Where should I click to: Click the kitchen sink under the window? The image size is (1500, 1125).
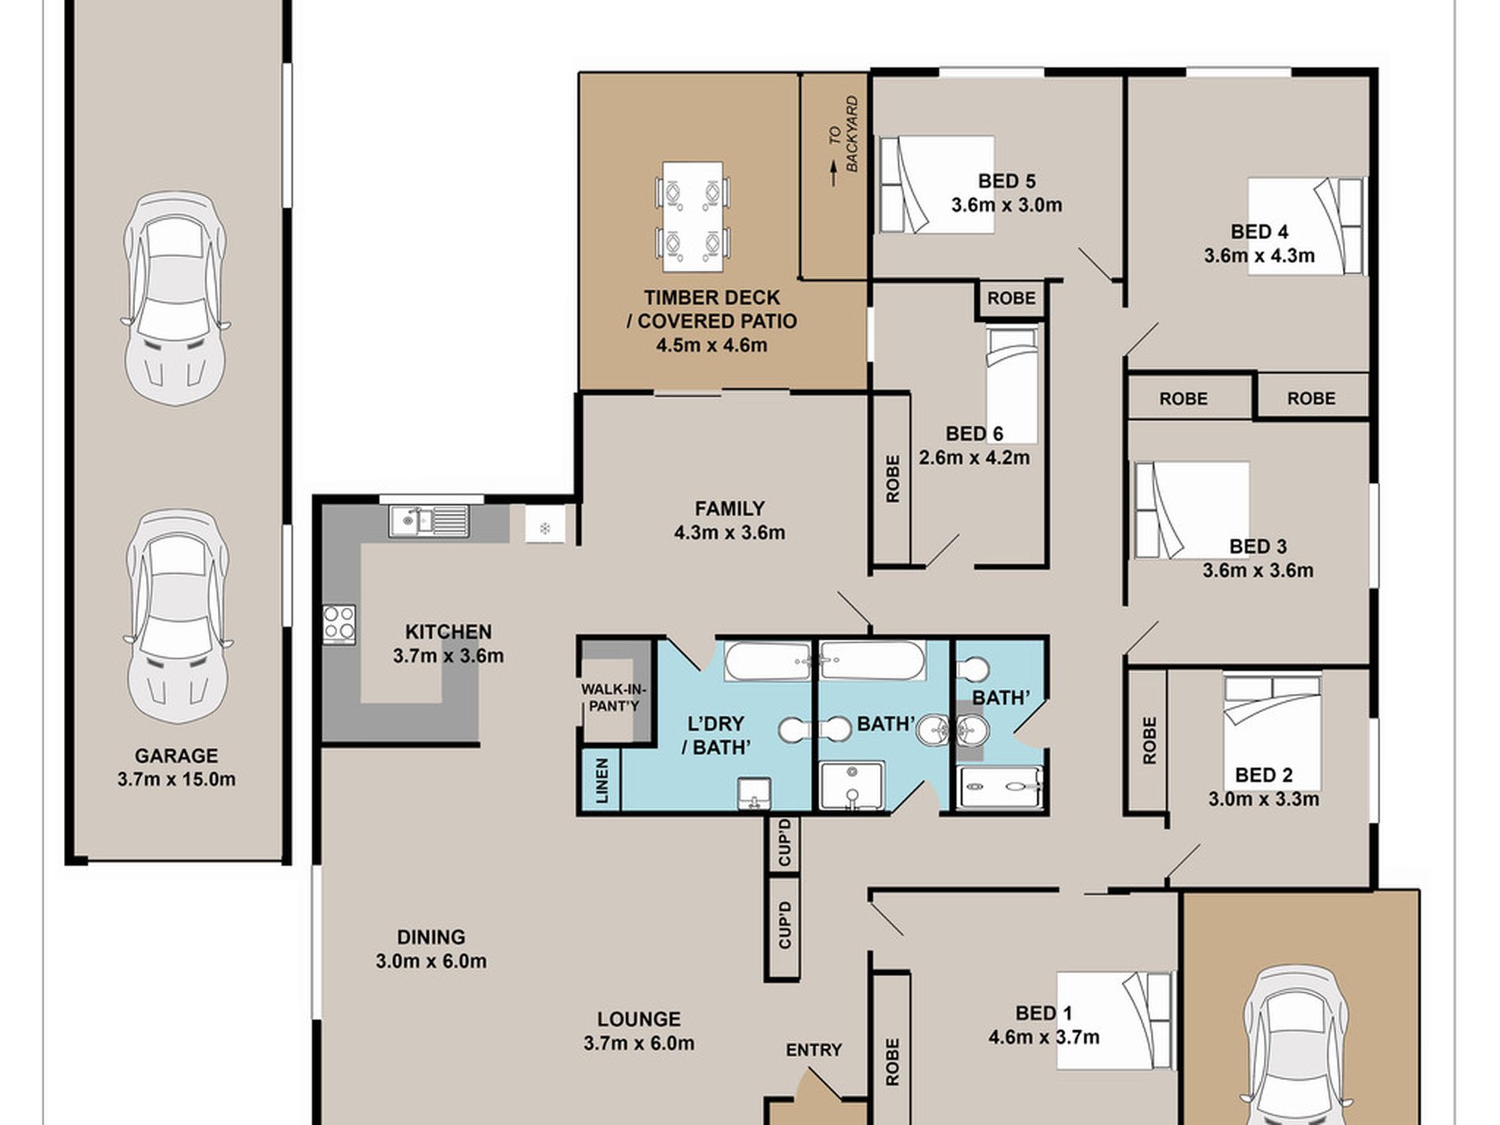pos(429,521)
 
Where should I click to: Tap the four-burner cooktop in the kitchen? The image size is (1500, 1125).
pos(339,623)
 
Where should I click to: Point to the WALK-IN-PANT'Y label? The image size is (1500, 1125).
pos(612,698)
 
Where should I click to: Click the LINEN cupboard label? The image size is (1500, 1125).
pos(602,781)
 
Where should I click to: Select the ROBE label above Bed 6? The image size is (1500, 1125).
pos(1011,298)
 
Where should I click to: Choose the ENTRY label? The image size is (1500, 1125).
pos(814,1050)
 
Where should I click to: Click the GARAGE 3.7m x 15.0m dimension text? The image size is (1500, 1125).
pos(177,780)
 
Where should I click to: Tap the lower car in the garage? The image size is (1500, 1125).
pos(178,617)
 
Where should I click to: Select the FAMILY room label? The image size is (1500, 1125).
pos(729,508)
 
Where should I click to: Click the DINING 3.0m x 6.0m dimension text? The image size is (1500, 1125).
pos(431,962)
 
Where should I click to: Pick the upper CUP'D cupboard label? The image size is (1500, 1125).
pos(784,844)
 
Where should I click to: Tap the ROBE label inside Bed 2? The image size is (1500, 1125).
pos(1149,741)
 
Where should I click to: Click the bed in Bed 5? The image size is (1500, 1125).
pos(936,186)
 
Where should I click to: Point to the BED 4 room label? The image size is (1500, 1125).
pos(1259,232)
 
